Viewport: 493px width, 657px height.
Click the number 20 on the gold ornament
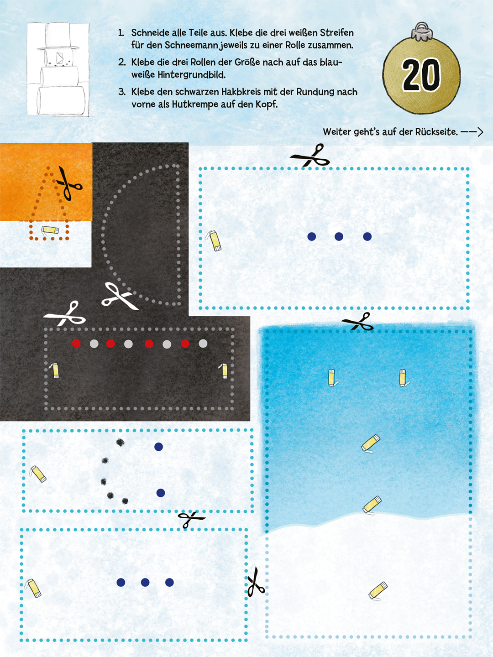421,74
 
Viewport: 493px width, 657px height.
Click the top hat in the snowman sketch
58,36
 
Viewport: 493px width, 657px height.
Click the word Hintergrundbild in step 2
178,74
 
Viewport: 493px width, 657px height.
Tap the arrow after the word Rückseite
472,132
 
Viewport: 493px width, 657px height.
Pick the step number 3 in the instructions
121,92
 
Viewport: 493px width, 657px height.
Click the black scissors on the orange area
69,183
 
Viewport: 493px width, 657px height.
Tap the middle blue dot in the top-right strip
339,236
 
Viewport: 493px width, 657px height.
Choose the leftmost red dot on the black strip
76,343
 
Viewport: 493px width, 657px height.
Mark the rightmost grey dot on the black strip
203,343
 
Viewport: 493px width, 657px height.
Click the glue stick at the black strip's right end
224,371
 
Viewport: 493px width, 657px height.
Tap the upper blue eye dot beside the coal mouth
159,447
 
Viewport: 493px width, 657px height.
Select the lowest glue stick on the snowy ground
378,590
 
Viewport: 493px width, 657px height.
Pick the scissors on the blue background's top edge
358,322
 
